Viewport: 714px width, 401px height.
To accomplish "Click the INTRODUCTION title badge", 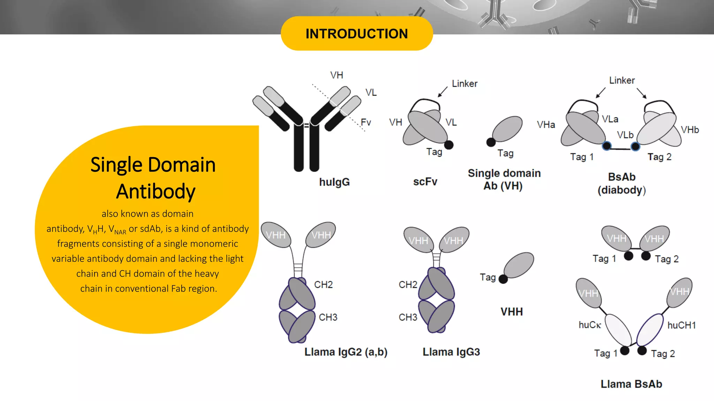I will tap(357, 34).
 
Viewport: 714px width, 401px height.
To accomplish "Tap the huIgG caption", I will tap(334, 182).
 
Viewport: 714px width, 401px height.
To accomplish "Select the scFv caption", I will tap(425, 182).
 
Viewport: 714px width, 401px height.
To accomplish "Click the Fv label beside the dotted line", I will tap(366, 122).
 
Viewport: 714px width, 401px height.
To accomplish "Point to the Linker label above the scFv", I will tap(464, 84).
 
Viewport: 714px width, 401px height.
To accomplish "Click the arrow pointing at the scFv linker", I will tap(442, 92).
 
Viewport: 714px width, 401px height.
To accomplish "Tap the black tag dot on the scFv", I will tap(449, 145).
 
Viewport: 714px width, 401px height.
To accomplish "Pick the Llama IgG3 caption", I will tap(451, 352).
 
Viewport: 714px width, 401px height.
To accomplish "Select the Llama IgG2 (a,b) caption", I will tap(346, 352).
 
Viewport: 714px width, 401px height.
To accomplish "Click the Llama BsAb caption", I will tap(631, 384).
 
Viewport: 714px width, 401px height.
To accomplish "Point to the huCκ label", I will tap(590, 325).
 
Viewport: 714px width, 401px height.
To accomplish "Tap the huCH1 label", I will tap(682, 325).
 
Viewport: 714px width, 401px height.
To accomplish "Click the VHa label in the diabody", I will tap(546, 125).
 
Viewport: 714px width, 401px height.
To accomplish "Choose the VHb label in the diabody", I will tap(690, 130).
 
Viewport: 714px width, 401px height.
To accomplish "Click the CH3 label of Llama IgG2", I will tap(328, 317).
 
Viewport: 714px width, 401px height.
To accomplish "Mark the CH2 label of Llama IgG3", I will tap(408, 285).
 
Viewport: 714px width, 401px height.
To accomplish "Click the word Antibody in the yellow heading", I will tap(155, 191).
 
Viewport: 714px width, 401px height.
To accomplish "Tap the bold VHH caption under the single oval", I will tap(511, 312).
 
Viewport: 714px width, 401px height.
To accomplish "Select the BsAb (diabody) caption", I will tap(622, 183).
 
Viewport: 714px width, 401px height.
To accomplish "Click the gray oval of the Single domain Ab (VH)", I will tap(508, 128).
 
